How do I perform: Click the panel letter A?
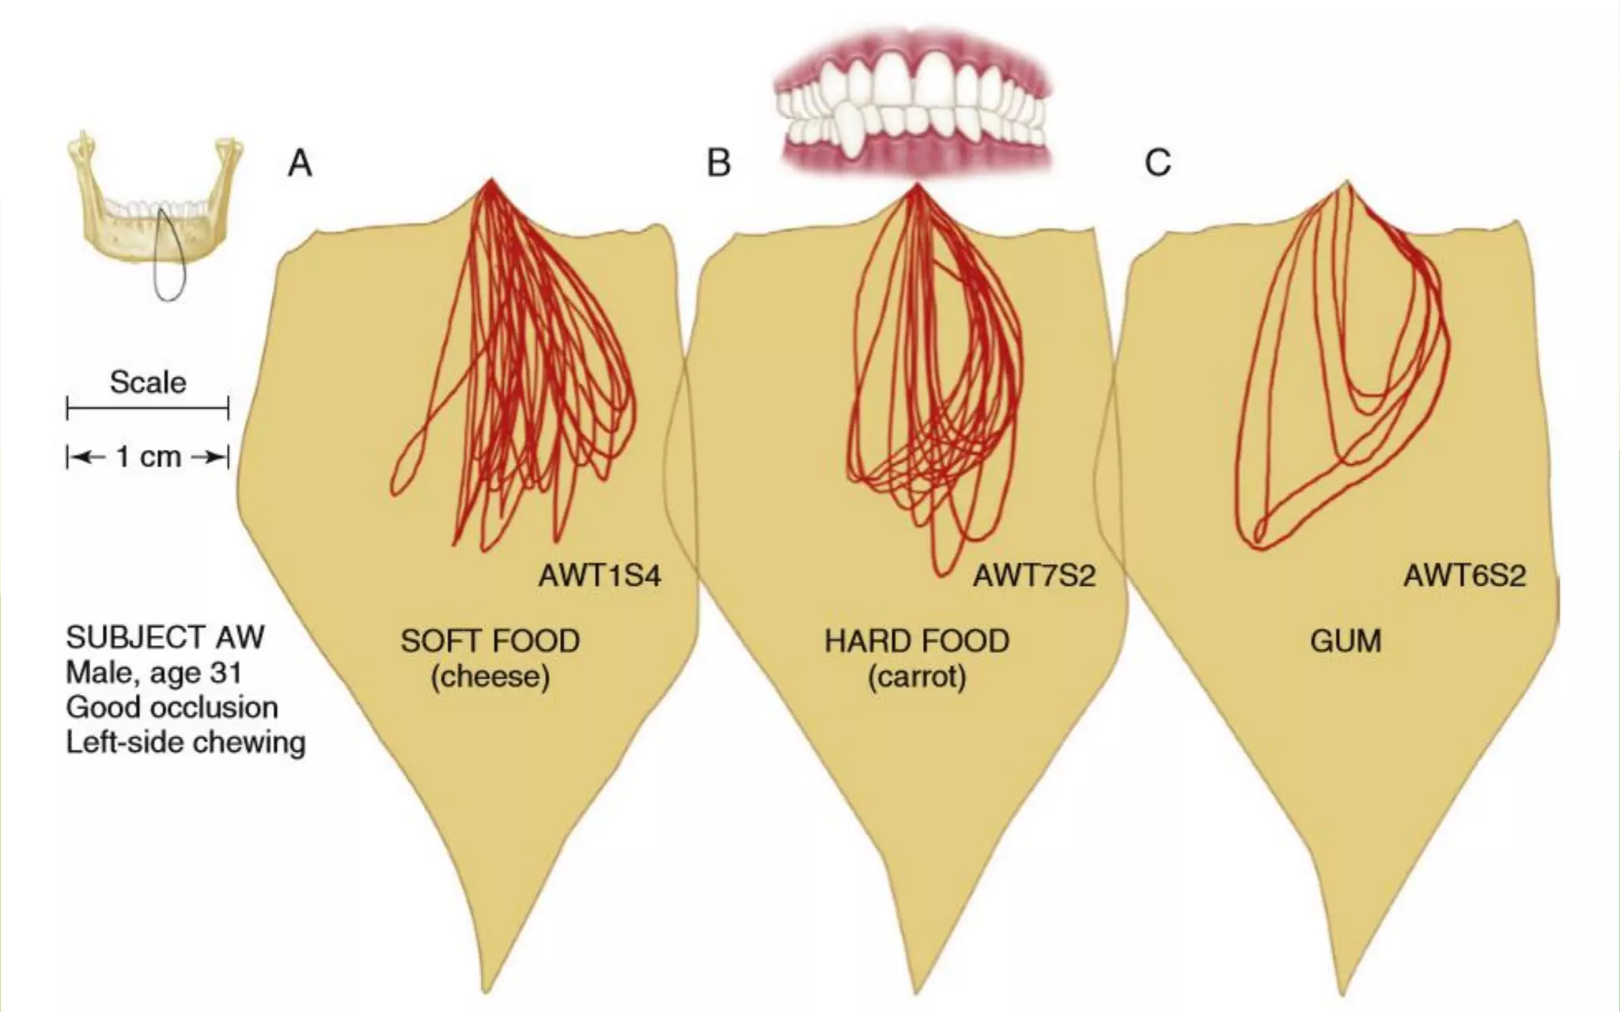300,164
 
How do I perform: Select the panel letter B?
718,164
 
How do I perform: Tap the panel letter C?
1157,164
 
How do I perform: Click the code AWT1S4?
600,576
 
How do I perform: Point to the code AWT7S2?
1034,576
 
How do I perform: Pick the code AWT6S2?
1464,576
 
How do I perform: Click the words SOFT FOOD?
490,640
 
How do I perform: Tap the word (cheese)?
490,677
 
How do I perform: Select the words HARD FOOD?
917,640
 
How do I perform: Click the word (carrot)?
917,677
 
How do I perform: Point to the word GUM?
1346,640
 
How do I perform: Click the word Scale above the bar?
148,383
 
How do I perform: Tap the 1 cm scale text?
149,457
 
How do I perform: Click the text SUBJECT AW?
165,637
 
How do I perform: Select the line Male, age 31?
153,673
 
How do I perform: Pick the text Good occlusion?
172,707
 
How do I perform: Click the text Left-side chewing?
185,742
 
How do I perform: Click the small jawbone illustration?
119,213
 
